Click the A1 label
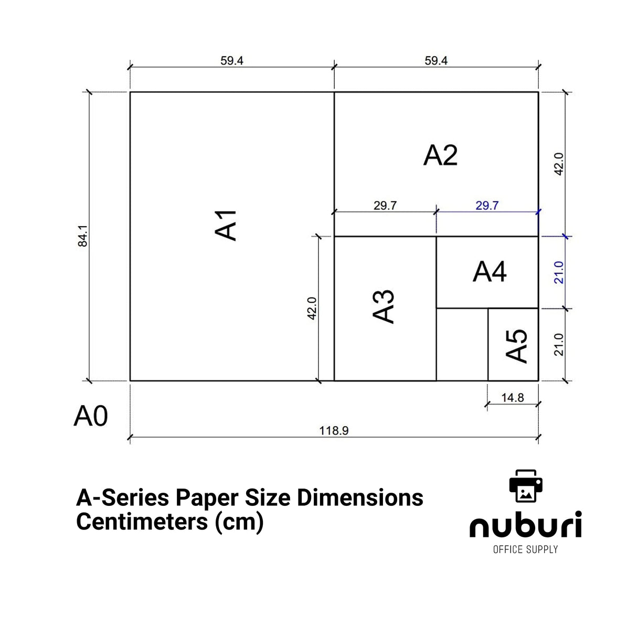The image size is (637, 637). click(x=227, y=226)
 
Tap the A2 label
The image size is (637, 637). click(x=440, y=155)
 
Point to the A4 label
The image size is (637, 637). click(x=489, y=272)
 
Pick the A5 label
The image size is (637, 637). click(x=517, y=346)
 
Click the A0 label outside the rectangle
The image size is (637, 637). click(x=91, y=416)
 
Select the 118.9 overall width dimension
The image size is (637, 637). click(x=334, y=431)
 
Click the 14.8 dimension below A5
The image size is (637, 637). click(x=512, y=398)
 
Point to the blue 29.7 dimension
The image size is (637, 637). click(x=486, y=206)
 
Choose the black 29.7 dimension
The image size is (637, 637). click(x=385, y=206)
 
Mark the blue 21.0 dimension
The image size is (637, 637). click(x=559, y=272)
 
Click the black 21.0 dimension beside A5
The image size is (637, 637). click(x=559, y=344)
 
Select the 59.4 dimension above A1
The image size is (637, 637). click(x=231, y=61)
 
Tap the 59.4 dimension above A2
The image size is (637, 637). click(x=436, y=61)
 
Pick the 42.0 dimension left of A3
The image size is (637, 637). click(x=312, y=309)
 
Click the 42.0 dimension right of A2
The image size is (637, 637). click(x=559, y=164)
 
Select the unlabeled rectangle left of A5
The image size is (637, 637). click(x=462, y=345)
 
